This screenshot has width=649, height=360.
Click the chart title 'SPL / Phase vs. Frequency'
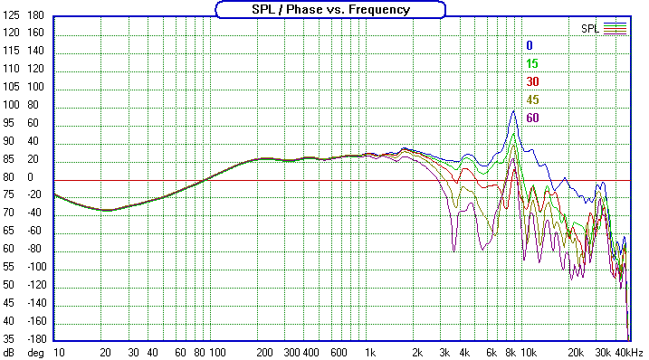(x=330, y=9)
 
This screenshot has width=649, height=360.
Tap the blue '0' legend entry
(x=530, y=45)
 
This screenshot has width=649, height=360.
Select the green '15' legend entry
(x=532, y=63)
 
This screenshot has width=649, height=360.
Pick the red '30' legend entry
(x=532, y=81)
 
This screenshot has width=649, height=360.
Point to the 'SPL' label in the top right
(x=590, y=28)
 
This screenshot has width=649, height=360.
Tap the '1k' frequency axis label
(x=368, y=351)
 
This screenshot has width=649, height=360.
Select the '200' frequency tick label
(x=264, y=351)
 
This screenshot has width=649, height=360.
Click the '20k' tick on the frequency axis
(x=574, y=351)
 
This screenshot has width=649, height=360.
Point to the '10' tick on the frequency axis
(x=59, y=351)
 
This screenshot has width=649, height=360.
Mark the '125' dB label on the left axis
(x=12, y=33)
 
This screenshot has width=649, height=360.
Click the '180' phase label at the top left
(x=35, y=16)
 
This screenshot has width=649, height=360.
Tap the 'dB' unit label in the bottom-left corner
(x=9, y=351)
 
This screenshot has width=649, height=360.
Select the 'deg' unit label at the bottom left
(x=35, y=351)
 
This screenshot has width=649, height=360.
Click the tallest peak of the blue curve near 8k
(x=513, y=111)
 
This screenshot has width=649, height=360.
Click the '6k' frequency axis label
(x=491, y=351)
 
